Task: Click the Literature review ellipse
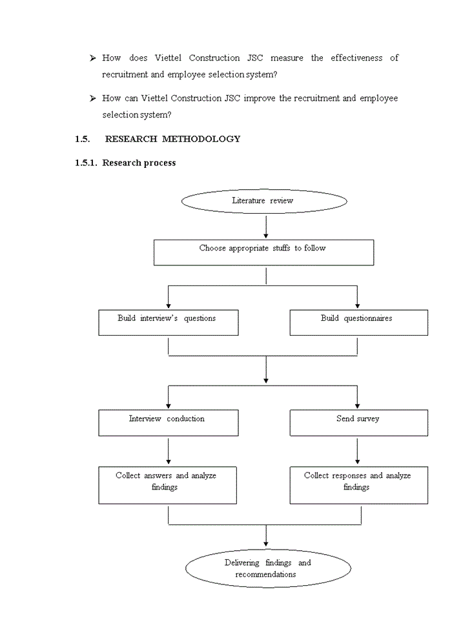click(x=264, y=201)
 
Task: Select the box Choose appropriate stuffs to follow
click(x=263, y=253)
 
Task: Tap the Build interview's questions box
click(x=168, y=322)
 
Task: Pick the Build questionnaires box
click(x=358, y=322)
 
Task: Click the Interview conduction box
click(x=168, y=423)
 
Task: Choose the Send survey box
click(x=358, y=423)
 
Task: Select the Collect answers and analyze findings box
click(x=167, y=485)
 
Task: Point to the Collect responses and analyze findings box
click(x=358, y=485)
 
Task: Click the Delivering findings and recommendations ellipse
click(x=268, y=569)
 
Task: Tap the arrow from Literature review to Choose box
click(x=265, y=227)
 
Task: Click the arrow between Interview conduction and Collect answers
click(x=168, y=451)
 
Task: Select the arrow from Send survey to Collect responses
click(x=357, y=451)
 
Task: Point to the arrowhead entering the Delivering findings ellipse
click(x=265, y=543)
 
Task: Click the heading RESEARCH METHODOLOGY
click(x=172, y=139)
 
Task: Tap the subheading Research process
click(x=139, y=163)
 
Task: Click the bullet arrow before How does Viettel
click(x=93, y=59)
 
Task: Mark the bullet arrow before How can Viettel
click(x=93, y=99)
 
